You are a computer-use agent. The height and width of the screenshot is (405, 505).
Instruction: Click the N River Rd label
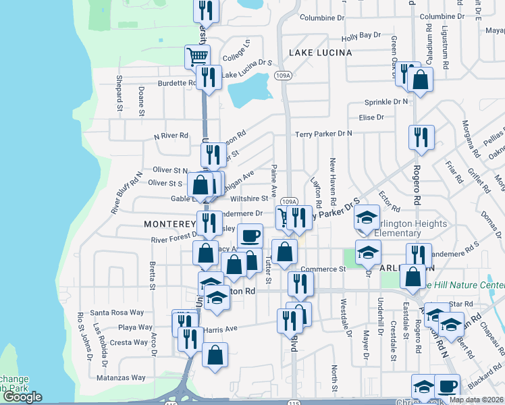(x=171, y=136)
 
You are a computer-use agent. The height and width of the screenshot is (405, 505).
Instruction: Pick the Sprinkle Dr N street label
(x=386, y=102)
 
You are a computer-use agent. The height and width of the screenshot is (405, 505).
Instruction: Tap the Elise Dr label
(x=371, y=117)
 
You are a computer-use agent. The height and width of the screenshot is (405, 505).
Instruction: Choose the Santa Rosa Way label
(x=117, y=313)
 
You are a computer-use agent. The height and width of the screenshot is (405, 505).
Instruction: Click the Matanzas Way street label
(x=121, y=378)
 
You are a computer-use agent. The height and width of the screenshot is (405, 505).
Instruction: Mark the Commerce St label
(x=323, y=269)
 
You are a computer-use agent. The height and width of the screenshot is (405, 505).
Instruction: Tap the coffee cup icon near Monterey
(x=250, y=236)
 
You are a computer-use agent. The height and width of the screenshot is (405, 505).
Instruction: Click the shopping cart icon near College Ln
(x=197, y=56)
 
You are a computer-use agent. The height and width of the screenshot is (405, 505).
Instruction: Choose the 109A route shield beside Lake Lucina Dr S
(x=287, y=76)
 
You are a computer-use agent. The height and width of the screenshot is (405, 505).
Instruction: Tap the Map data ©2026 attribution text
(x=476, y=400)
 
